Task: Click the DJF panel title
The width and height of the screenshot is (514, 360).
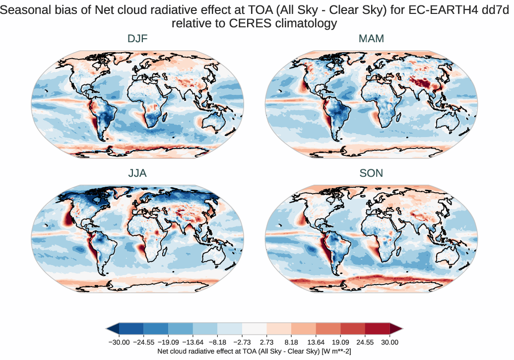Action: point(137,38)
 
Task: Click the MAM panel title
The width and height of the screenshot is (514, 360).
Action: point(372,38)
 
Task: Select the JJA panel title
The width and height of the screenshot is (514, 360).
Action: point(137,173)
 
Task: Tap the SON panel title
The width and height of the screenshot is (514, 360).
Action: point(372,173)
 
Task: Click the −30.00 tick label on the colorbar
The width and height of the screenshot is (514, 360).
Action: point(119,342)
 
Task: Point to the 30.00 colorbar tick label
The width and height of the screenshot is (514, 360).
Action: point(390,342)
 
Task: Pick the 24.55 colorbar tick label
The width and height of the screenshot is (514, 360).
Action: point(365,342)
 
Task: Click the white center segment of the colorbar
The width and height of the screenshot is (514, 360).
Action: point(255,328)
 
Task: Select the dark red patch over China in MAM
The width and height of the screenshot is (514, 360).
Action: point(430,82)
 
